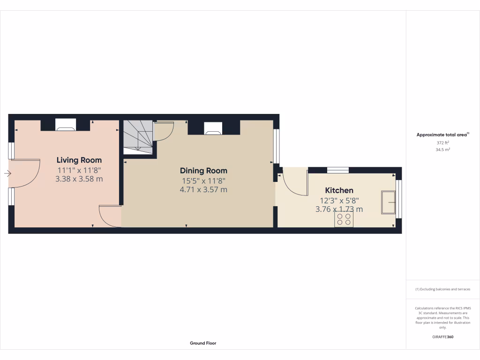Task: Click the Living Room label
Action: pyautogui.click(x=79, y=160)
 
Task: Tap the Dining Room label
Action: pyautogui.click(x=203, y=171)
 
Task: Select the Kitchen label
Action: pyautogui.click(x=339, y=190)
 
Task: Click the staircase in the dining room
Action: pyautogui.click(x=138, y=135)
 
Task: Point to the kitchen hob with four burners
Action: pyautogui.click(x=344, y=219)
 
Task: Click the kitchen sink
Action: pyautogui.click(x=388, y=202)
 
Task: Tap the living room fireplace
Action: pyautogui.click(x=65, y=125)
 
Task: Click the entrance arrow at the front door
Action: pyautogui.click(x=7, y=174)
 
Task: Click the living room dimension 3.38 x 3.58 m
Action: pyautogui.click(x=79, y=179)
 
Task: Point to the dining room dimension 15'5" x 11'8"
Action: pyautogui.click(x=203, y=180)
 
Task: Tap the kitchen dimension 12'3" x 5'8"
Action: pyautogui.click(x=339, y=200)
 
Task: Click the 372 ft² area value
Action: pyautogui.click(x=442, y=142)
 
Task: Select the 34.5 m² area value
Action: pyautogui.click(x=442, y=150)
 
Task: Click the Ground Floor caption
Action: pyautogui.click(x=203, y=343)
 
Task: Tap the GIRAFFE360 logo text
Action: pyautogui.click(x=442, y=337)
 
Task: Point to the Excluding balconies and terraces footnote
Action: pyautogui.click(x=442, y=289)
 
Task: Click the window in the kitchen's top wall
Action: pyautogui.click(x=337, y=170)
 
